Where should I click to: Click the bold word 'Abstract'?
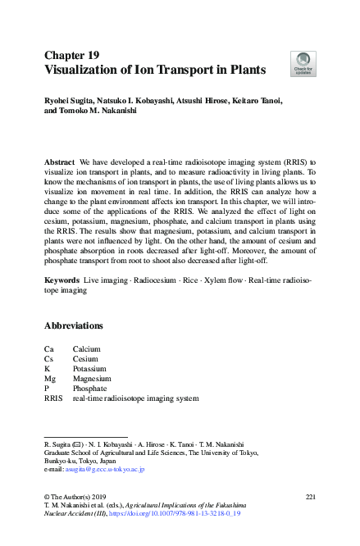click(x=60, y=163)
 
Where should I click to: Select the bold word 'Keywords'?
click(x=62, y=280)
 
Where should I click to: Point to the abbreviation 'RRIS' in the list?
click(x=53, y=398)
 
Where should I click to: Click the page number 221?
click(x=310, y=498)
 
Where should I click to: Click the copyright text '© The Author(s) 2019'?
click(x=77, y=498)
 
